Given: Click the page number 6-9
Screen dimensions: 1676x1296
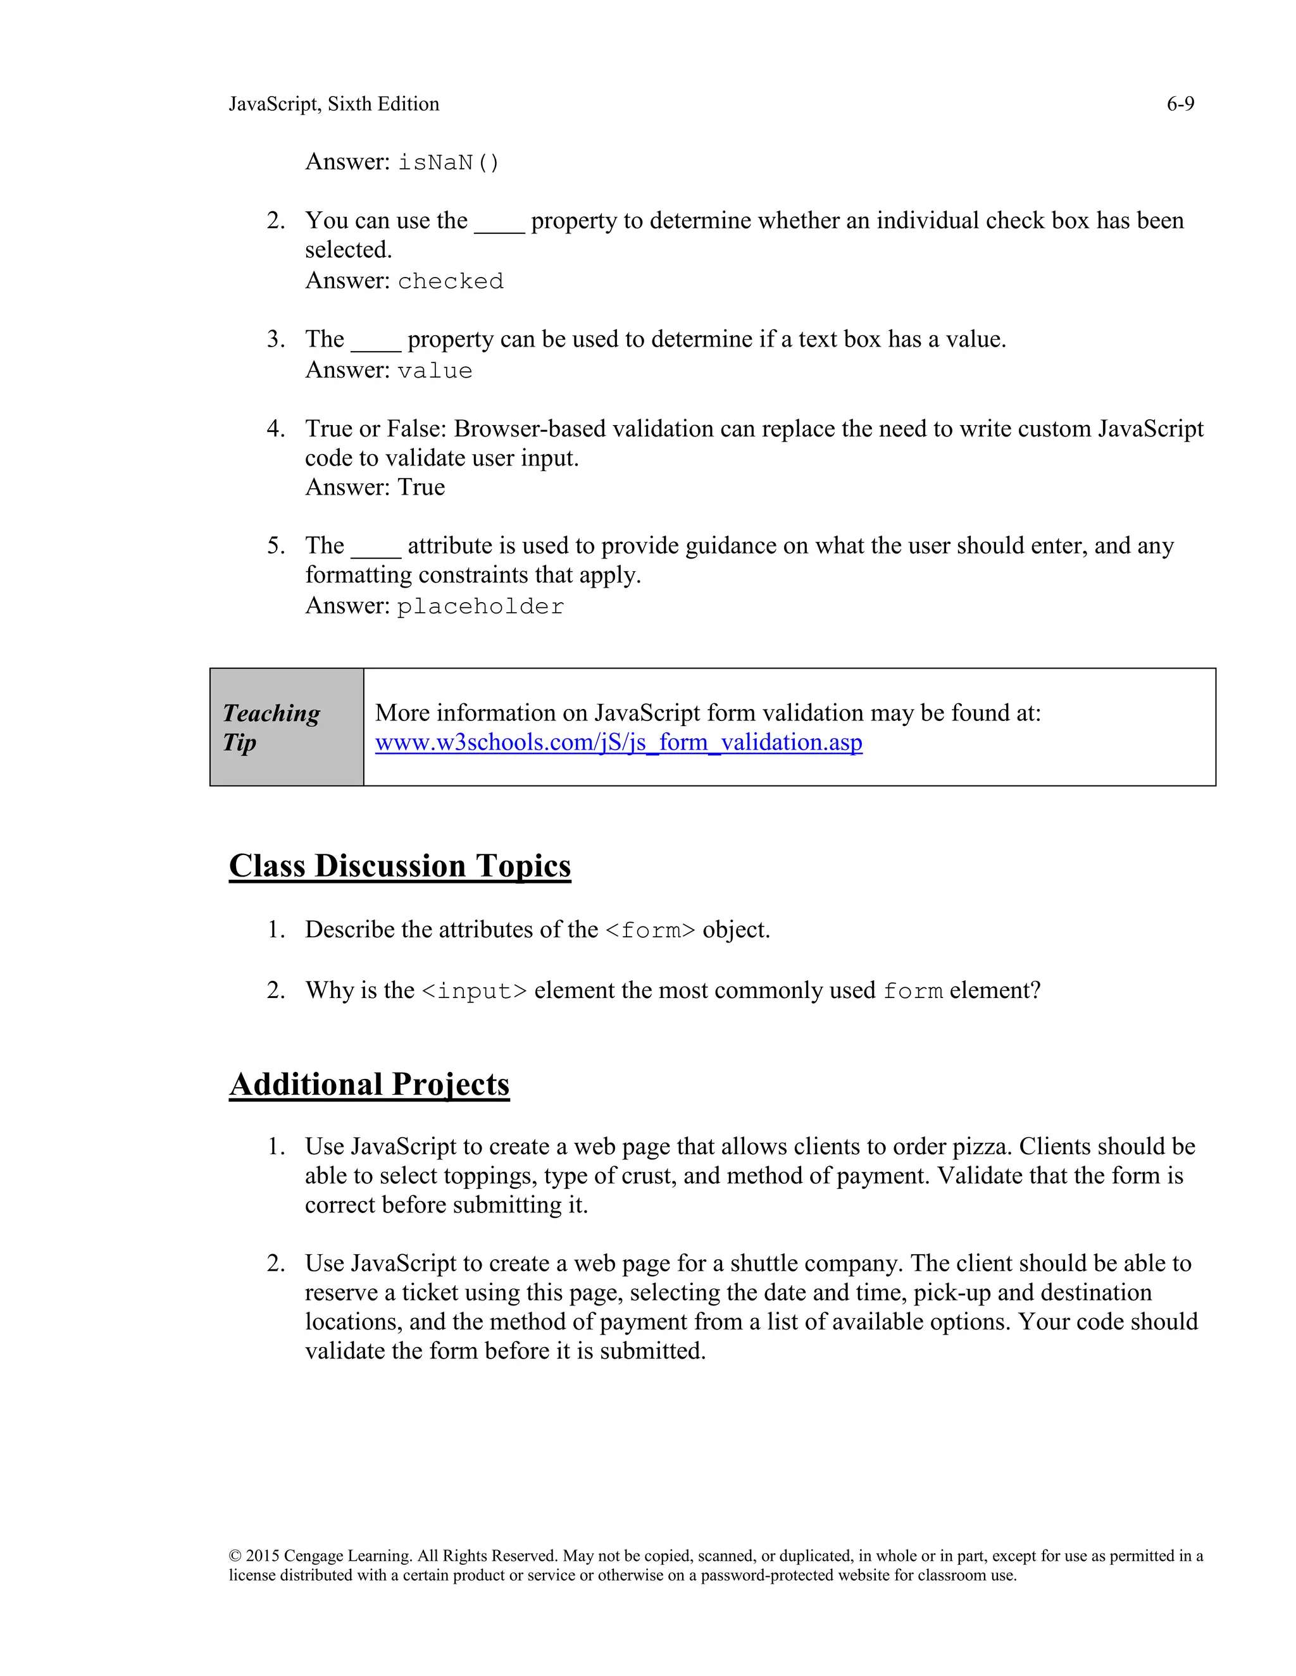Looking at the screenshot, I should pos(1180,104).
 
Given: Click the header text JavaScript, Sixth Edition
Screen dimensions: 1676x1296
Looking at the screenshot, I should pos(334,104).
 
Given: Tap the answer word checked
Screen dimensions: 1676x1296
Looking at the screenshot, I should pos(451,281).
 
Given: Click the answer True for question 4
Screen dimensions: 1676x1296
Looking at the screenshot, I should pos(421,487).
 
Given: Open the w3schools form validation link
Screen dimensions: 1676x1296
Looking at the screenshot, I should pos(618,743).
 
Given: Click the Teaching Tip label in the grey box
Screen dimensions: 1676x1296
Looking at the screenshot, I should pos(271,727).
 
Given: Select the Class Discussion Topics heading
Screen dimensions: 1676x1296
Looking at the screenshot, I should pos(399,866).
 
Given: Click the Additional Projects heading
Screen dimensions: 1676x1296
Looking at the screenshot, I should pos(368,1084).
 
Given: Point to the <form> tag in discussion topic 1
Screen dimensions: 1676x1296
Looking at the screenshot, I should pos(649,931).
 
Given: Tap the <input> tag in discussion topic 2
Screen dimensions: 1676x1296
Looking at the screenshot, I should pos(475,992).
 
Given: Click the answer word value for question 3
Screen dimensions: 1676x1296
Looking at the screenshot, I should pos(435,371).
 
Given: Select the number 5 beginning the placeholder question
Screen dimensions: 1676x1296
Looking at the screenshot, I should pos(275,546).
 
